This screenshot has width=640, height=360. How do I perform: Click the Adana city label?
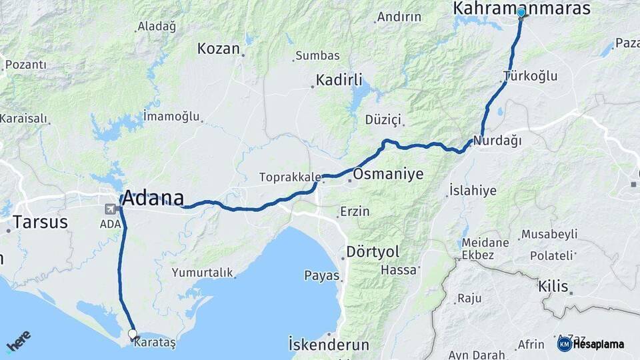[153, 198]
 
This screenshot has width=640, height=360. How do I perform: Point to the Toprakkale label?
[290, 177]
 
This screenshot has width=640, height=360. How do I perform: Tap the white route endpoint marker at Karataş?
[132, 333]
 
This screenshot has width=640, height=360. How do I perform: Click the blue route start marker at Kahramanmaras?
[521, 12]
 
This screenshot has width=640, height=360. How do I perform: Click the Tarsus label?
[40, 222]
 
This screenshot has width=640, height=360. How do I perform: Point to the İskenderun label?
[329, 345]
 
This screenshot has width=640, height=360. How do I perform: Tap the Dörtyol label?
[372, 252]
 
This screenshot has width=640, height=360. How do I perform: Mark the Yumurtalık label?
[202, 272]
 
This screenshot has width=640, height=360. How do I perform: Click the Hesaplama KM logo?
[591, 344]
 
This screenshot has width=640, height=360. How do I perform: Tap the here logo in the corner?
[18, 340]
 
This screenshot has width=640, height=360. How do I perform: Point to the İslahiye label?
[473, 191]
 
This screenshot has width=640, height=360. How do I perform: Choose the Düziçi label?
[383, 120]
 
